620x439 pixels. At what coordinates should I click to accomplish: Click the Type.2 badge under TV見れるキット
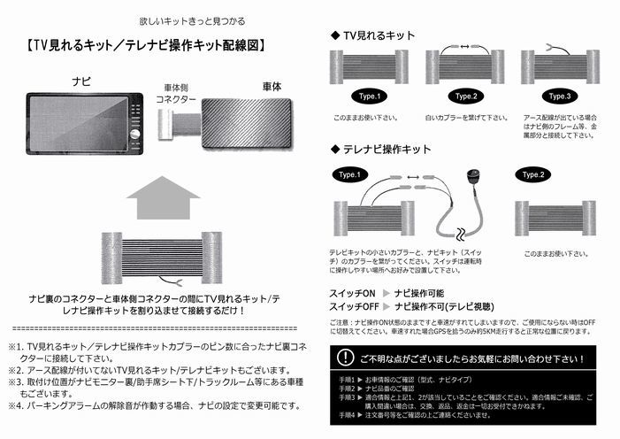tap(465, 96)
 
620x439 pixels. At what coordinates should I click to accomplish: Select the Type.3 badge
tap(561, 96)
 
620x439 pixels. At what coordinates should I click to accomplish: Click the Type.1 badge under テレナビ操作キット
tap(351, 175)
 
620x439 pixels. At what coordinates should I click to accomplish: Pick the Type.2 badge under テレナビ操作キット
tap(534, 175)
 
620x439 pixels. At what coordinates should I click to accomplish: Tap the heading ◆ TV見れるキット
tap(373, 35)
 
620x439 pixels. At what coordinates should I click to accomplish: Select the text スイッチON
tap(353, 292)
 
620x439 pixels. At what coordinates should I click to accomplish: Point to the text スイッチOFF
tap(356, 306)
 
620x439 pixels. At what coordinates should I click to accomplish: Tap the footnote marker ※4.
tap(16, 406)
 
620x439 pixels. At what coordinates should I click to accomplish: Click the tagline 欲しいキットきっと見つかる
tap(192, 19)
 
